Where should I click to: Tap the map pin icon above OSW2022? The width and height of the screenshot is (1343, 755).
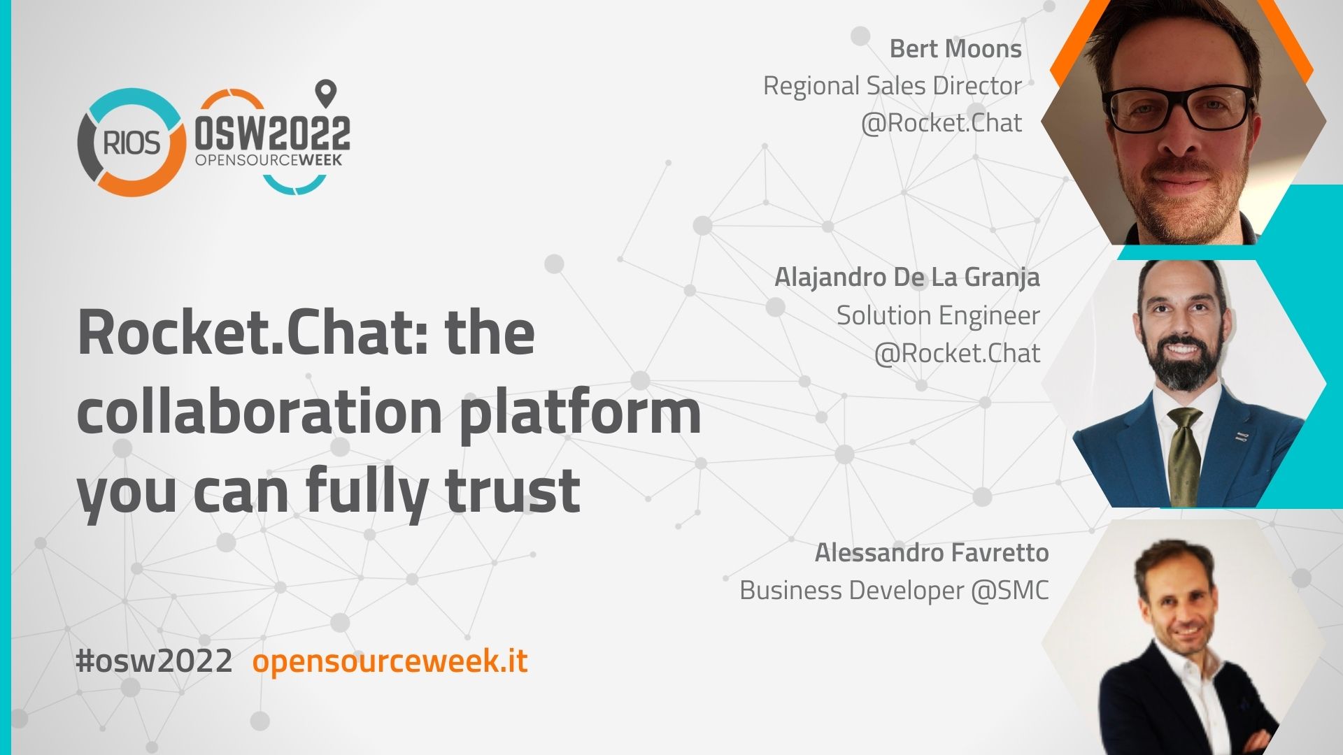[x=326, y=93]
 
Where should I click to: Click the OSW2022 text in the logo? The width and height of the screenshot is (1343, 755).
[x=272, y=133]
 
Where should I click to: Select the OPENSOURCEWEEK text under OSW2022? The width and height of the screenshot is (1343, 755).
[x=269, y=160]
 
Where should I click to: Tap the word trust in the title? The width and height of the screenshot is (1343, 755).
[x=513, y=490]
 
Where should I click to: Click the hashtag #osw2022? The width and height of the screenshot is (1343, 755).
[x=154, y=661]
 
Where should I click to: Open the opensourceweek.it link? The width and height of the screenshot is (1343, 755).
[x=390, y=661]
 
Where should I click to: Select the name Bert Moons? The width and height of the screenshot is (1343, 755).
[x=955, y=49]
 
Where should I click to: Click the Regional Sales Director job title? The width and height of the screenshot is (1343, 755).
[x=892, y=86]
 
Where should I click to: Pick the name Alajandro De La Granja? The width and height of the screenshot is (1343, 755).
[x=907, y=278]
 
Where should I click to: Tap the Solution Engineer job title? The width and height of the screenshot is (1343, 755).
[x=939, y=315]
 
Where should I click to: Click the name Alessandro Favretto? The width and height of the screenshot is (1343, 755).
[x=932, y=553]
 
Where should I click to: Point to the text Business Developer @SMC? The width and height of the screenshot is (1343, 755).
[x=895, y=591]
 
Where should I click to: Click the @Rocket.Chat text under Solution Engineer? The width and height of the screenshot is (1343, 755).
[x=958, y=353]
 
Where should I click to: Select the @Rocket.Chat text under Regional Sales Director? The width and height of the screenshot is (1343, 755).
[x=941, y=123]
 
